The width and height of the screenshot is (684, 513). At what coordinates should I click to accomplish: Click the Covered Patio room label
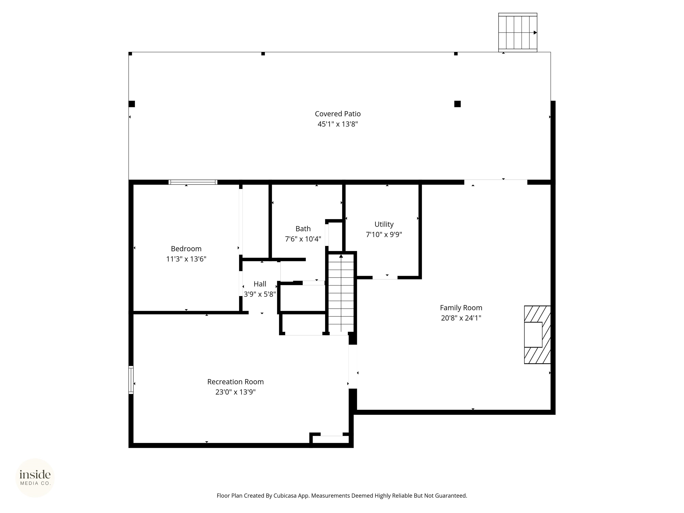click(x=338, y=114)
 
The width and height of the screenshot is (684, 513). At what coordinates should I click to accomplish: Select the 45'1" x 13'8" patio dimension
click(x=338, y=124)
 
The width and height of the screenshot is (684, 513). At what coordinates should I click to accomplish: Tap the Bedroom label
click(x=186, y=249)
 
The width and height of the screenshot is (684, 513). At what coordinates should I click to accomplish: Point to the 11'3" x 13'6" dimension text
click(x=186, y=259)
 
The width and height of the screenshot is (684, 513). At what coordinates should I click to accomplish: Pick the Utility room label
click(x=384, y=224)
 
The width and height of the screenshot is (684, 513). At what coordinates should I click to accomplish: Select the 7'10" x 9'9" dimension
click(x=384, y=234)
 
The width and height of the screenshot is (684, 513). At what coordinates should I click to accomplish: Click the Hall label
click(x=260, y=284)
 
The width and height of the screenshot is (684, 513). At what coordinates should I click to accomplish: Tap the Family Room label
click(x=461, y=308)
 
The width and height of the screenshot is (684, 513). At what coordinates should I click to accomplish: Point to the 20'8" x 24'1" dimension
click(x=461, y=318)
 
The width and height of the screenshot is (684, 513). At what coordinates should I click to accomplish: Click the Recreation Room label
click(x=235, y=382)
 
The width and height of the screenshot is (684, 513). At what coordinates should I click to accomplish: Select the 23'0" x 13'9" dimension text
click(x=235, y=392)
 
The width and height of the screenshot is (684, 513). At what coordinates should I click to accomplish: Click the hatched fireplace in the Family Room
click(x=537, y=335)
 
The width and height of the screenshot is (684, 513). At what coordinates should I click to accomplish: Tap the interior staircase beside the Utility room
click(x=341, y=294)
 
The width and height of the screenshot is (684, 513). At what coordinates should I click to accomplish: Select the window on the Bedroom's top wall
click(x=193, y=182)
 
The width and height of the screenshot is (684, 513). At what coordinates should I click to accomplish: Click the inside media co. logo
click(x=35, y=477)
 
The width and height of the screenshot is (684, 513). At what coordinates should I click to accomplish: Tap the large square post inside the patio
click(x=457, y=104)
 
